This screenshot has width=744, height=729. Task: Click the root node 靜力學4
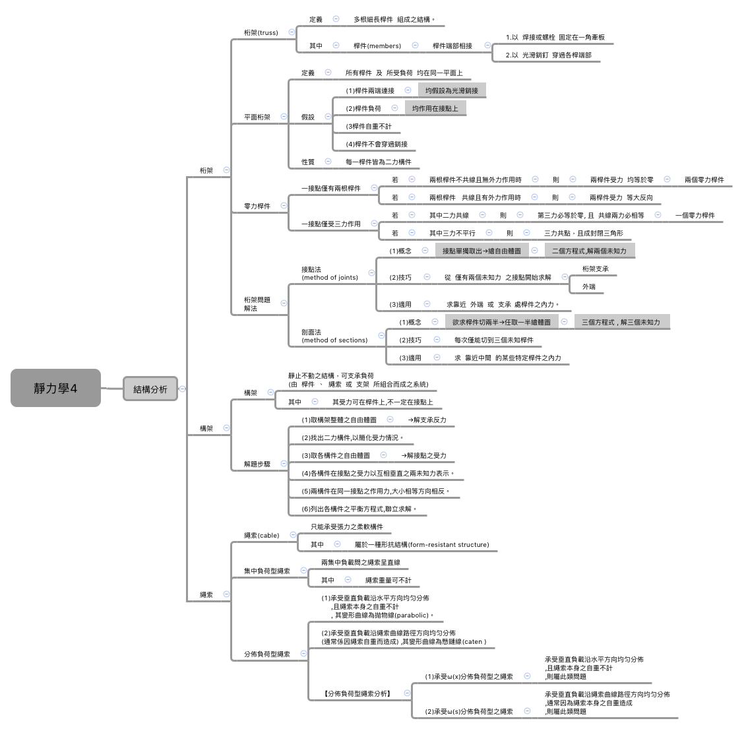pos(55,388)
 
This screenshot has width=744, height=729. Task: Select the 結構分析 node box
pos(150,389)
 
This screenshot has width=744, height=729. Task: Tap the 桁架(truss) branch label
pos(261,32)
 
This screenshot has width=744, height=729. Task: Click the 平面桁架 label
pos(257,117)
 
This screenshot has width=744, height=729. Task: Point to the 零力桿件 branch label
pos(257,206)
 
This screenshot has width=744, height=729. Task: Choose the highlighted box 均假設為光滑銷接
pos(452,90)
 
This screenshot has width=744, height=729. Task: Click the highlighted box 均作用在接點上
pos(435,108)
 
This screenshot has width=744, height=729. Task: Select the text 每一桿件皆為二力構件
pos(378,162)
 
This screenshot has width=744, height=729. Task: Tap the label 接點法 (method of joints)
pos(329,273)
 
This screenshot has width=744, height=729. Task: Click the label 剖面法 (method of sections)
pos(334,336)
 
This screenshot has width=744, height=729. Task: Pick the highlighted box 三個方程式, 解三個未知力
pos(620,322)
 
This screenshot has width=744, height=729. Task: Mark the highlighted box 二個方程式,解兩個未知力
pos(589,251)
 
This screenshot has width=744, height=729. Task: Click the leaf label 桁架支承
pos(595,269)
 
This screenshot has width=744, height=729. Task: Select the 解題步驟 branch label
pos(257,464)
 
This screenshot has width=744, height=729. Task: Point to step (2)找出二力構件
pos(352,437)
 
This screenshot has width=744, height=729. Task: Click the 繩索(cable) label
pos(261,535)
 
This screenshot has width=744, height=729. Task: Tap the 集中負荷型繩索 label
pos(266,571)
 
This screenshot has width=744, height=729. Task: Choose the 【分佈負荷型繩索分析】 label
pos(357,693)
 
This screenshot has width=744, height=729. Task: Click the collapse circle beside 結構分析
pos(183,389)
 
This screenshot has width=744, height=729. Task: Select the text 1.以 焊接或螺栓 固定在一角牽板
pos(555,38)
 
